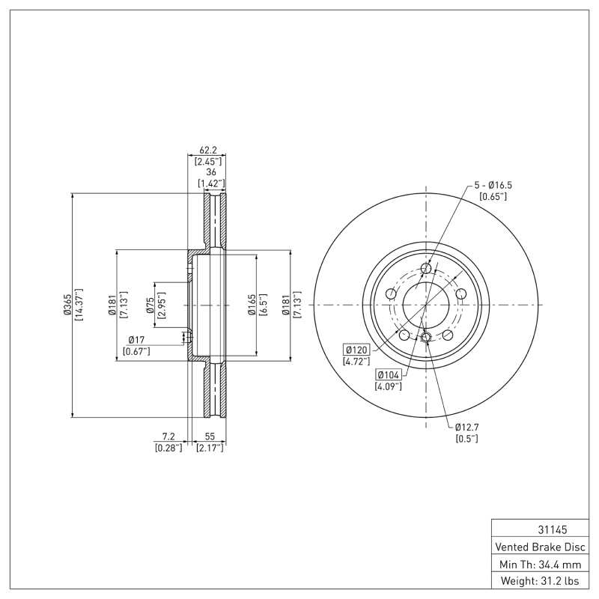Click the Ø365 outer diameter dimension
coord(67,305)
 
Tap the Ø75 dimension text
coord(150,305)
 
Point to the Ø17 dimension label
coord(138,339)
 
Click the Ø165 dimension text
coord(252,305)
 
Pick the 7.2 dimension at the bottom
coord(168,436)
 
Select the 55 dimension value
coord(210,436)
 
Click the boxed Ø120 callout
coord(357,350)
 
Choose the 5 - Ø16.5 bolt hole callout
coord(493,184)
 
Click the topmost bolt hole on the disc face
coord(426,269)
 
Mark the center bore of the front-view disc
coord(426,305)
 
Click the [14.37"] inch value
coord(79,305)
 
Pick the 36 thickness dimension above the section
coord(211,171)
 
